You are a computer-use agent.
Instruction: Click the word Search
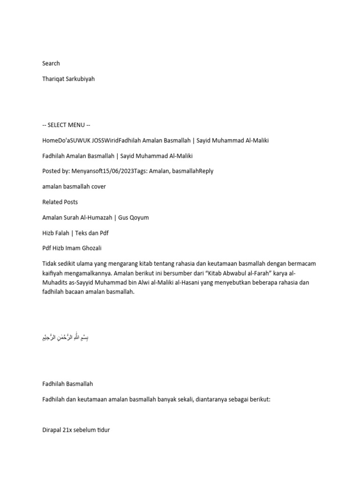coord(51,63)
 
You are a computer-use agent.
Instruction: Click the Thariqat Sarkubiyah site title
coord(68,79)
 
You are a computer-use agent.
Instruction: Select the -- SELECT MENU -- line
coord(66,125)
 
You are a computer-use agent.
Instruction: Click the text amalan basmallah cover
coord(74,187)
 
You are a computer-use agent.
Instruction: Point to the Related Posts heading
coord(60,202)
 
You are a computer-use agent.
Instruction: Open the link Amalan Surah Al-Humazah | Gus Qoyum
coord(95,217)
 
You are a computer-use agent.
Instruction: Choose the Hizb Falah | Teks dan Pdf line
coord(75,233)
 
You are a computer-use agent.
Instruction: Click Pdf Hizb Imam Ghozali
coord(72,248)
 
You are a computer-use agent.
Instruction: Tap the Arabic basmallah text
coord(65,337)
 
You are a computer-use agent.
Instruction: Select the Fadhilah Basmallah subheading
coord(67,383)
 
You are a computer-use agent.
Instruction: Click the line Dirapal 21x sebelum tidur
coord(76,429)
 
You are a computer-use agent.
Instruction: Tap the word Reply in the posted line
coord(206,171)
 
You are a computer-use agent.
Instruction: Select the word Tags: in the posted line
coord(142,171)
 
